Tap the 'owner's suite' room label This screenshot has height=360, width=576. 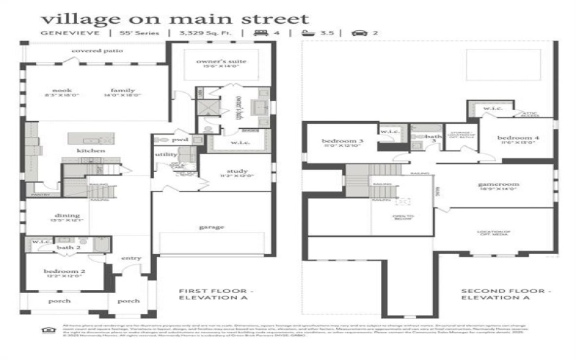pyautogui.click(x=222, y=62)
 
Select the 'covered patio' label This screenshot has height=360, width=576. pyautogui.click(x=97, y=51)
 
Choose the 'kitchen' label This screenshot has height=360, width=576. pyautogui.click(x=91, y=150)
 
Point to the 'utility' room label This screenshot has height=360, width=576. pyautogui.click(x=165, y=155)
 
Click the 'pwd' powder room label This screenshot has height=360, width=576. pyautogui.click(x=179, y=140)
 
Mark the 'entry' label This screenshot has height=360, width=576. pyautogui.click(x=132, y=258)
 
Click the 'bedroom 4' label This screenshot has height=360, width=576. pyautogui.click(x=513, y=138)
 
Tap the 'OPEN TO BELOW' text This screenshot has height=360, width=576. pyautogui.click(x=403, y=218)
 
